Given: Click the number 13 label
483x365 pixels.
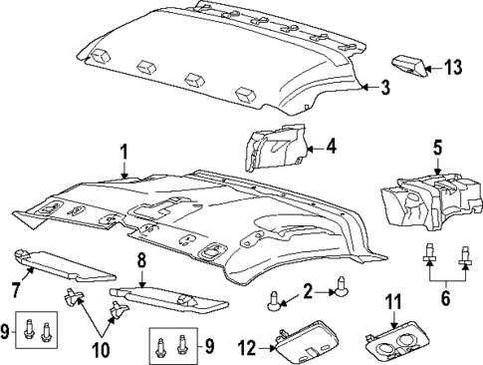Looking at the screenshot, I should (455, 68).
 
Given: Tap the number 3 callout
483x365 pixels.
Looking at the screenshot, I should (384, 88).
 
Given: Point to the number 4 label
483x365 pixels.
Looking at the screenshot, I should (331, 148).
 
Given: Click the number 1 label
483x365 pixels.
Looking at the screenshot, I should (124, 153).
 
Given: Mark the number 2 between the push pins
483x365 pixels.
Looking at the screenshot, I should (309, 290).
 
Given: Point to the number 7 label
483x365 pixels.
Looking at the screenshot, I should (15, 290).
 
